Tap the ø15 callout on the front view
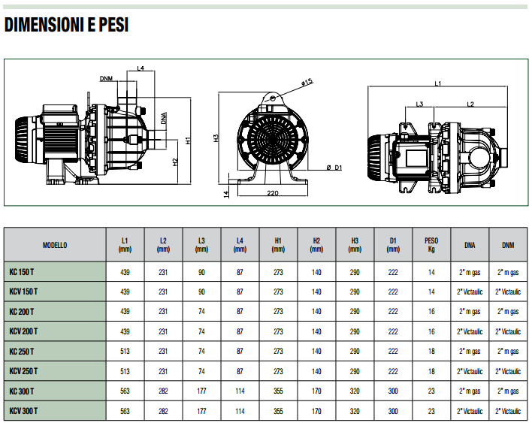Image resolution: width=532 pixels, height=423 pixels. pyautogui.click(x=307, y=82)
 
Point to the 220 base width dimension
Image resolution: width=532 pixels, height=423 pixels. pyautogui.click(x=273, y=193)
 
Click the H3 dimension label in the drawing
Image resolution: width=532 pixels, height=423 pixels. pyautogui.click(x=216, y=138)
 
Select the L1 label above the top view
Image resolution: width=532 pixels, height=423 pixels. pyautogui.click(x=437, y=83)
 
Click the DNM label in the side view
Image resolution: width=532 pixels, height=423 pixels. pyautogui.click(x=106, y=79)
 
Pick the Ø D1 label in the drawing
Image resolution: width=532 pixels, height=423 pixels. pyautogui.click(x=334, y=168)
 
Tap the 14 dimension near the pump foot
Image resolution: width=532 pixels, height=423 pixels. pyautogui.click(x=226, y=194)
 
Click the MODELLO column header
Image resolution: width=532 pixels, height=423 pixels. pyautogui.click(x=55, y=245)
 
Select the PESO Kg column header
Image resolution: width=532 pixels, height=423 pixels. pyautogui.click(x=431, y=245)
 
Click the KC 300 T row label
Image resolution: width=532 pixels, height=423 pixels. pyautogui.click(x=21, y=391)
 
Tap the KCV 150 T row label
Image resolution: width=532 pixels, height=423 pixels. pyautogui.click(x=23, y=292)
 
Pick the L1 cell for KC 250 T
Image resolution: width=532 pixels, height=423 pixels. pyautogui.click(x=125, y=352)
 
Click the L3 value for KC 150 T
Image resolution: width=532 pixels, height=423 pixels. pyautogui.click(x=201, y=272)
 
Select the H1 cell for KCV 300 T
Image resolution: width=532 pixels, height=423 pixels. pyautogui.click(x=278, y=411)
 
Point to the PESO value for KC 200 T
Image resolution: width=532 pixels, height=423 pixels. pyautogui.click(x=431, y=311)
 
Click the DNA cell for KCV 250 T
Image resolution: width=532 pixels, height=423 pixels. pyautogui.click(x=470, y=371)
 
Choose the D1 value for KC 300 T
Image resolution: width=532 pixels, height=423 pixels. pyautogui.click(x=393, y=391)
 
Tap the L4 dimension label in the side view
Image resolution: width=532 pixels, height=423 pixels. pyautogui.click(x=141, y=68)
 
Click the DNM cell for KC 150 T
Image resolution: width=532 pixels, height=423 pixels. pyautogui.click(x=508, y=272)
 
